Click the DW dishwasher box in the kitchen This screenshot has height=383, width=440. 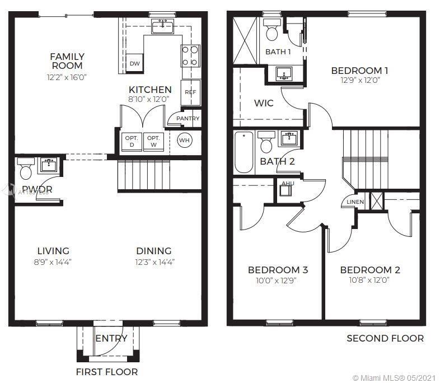pos(134,63)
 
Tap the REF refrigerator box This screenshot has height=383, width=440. pos(191,92)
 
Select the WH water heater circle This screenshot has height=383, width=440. pos(185,141)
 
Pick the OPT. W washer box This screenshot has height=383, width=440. pos(153,142)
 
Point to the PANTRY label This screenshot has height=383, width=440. pos(188,119)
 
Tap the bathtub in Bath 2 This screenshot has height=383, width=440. pos(244,152)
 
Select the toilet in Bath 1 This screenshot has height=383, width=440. pos(272,31)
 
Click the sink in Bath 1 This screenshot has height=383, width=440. pos(284,74)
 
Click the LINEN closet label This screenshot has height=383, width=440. pos(355,202)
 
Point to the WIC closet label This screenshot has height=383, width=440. pos(263,103)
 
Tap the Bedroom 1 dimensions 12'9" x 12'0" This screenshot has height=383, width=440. pos(359,80)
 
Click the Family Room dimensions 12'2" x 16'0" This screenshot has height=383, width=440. pos(67,77)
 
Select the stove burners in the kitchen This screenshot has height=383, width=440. pos(190,56)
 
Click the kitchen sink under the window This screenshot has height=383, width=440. pos(163,25)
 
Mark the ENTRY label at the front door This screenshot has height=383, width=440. pos(111,338)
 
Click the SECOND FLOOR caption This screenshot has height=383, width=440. pos(385,338)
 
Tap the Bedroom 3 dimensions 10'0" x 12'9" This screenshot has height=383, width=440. pos(278,281)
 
